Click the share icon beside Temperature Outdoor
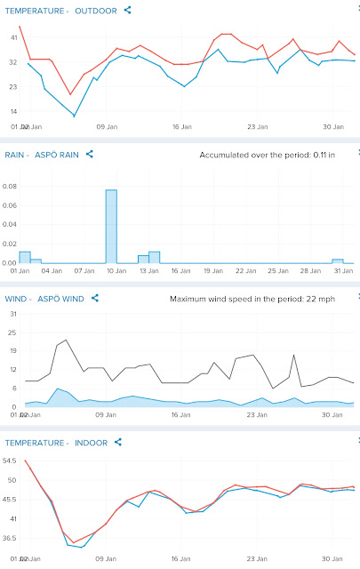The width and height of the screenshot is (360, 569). tap(127, 10)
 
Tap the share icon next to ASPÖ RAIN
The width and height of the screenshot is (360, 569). tap(89, 154)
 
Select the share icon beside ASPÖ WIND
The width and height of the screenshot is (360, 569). tap(95, 299)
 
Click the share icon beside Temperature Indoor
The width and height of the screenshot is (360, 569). tap(118, 443)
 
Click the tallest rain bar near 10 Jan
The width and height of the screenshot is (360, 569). tap(111, 227)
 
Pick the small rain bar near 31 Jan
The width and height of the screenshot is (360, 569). tap(338, 261)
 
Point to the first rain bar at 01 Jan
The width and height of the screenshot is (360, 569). tap(25, 257)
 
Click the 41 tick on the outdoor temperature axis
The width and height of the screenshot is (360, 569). tap(14, 37)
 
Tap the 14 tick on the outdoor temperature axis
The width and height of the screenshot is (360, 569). tap(14, 111)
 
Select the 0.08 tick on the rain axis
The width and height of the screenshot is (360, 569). tap(10, 187)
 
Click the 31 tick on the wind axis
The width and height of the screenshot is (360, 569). tap(13, 314)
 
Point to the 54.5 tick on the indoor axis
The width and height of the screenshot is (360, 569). tap(10, 461)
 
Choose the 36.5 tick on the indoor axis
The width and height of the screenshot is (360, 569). tap(10, 538)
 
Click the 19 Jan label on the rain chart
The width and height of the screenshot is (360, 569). tap(213, 270)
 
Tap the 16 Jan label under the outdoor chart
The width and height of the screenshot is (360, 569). tap(182, 126)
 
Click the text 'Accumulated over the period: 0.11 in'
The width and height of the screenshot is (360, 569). tap(267, 155)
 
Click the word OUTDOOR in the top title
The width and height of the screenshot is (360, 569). tap(96, 11)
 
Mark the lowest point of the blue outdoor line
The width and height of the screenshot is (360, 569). tap(75, 116)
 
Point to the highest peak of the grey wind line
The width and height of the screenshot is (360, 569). tap(66, 340)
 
